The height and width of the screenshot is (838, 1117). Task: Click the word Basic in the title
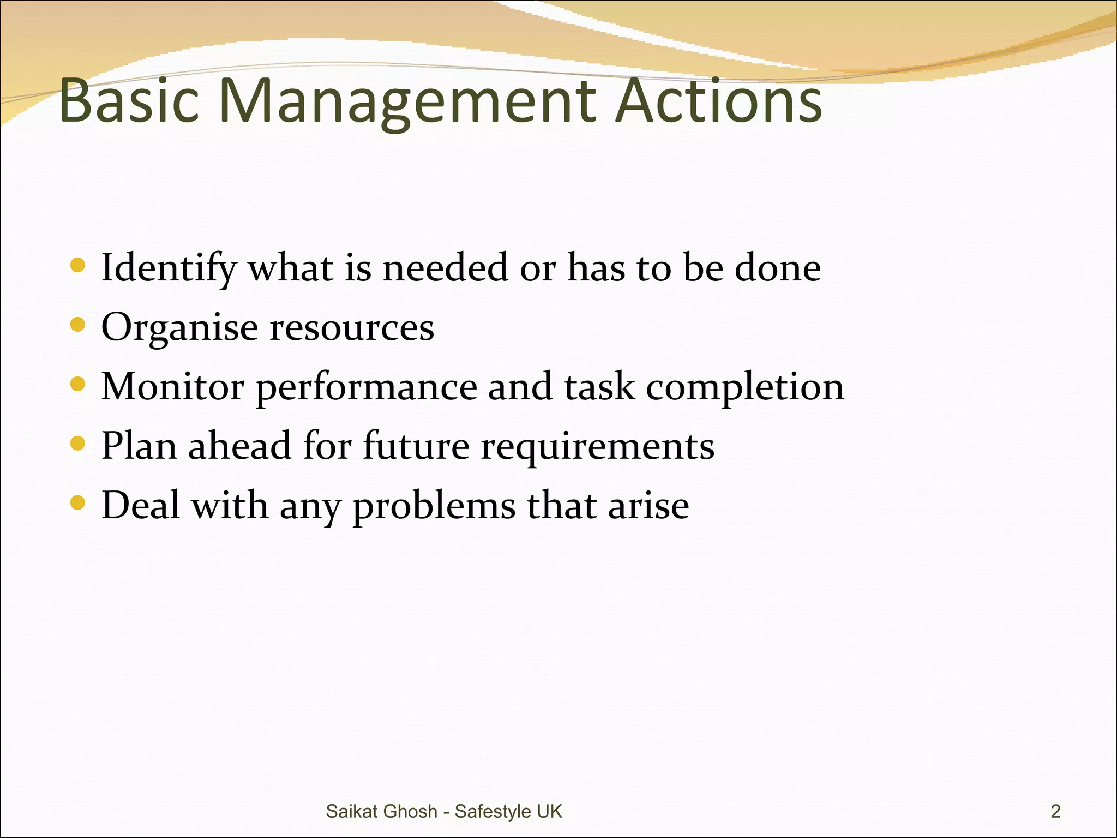tap(129, 101)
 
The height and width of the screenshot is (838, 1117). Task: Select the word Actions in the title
tap(718, 101)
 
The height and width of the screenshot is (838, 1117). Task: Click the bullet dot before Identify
tap(78, 266)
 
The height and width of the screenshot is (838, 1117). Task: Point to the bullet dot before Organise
tap(78, 325)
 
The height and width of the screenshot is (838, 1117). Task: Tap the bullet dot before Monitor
tap(78, 384)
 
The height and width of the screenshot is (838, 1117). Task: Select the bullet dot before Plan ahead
tap(78, 444)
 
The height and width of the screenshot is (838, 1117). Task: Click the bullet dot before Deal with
tap(78, 502)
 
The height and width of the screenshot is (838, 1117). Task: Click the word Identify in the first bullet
tap(169, 268)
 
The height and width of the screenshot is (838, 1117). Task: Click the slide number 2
tap(1055, 811)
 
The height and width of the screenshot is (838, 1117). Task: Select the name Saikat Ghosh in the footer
tap(381, 811)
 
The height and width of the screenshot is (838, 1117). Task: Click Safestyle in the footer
tap(493, 811)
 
